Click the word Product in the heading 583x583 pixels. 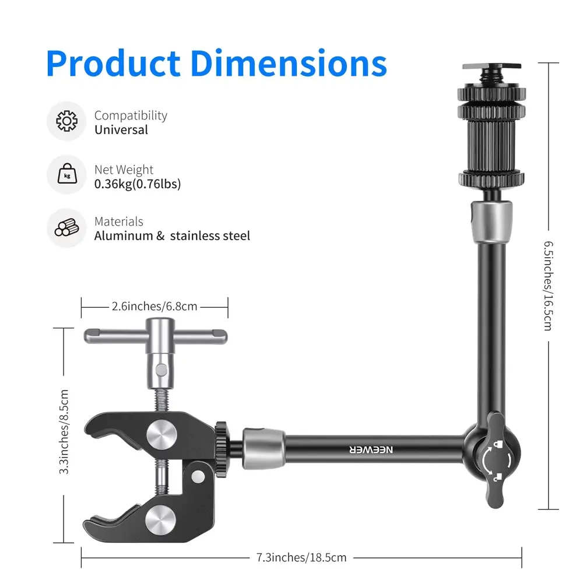pos(114,64)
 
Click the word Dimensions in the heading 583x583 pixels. pos(289,64)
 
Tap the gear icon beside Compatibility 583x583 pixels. pos(67,121)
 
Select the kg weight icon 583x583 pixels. pos(67,174)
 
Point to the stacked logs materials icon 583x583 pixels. pos(67,227)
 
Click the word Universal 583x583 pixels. pos(121,130)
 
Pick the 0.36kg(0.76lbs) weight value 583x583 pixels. pos(138,184)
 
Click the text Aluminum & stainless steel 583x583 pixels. pos(172,236)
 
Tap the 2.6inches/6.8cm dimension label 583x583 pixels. pos(154,307)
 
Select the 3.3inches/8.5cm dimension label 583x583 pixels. pos(64,431)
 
